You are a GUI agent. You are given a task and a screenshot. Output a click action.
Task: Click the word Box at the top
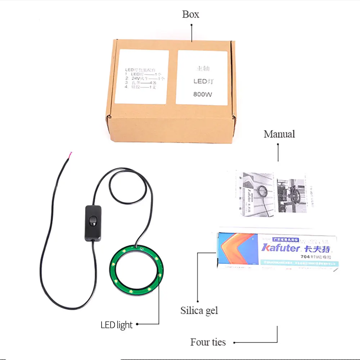coord(190,14)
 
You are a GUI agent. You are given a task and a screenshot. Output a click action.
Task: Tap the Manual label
coord(279,134)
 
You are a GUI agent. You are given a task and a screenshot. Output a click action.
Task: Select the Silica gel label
coord(199,310)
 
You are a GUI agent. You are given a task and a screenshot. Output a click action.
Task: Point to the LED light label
coord(116,325)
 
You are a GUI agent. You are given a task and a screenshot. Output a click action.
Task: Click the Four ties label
coord(208,342)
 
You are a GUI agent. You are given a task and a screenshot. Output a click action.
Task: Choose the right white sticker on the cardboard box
coord(203,77)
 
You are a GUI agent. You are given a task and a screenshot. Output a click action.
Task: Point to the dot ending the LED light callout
coord(137,324)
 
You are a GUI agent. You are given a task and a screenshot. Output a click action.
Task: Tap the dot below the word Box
coord(192,25)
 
